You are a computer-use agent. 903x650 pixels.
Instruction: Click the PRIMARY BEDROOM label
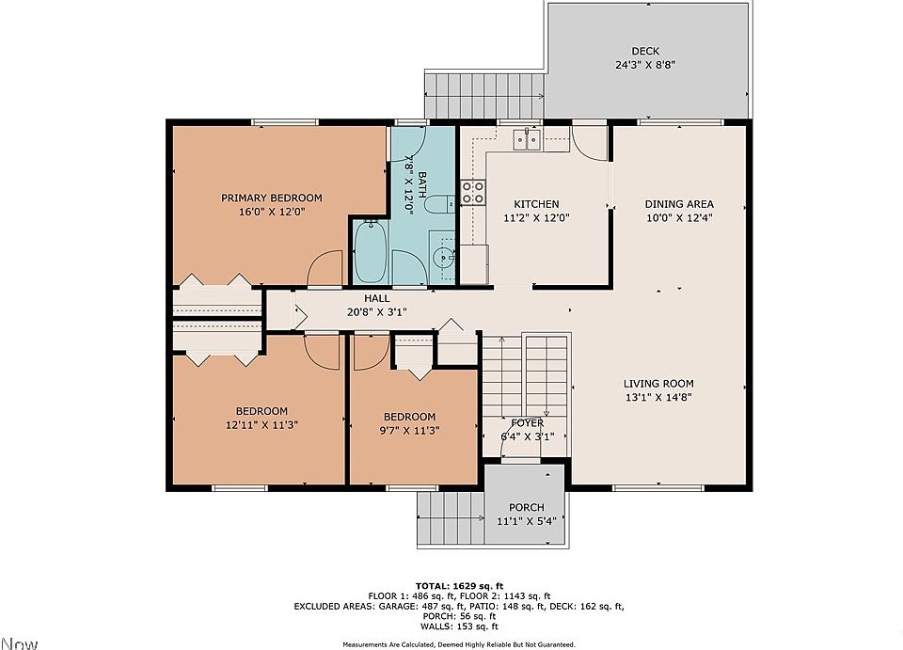click(271, 198)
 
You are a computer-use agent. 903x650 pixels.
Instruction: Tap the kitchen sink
click(527, 139)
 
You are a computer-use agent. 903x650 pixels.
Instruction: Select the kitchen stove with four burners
click(472, 192)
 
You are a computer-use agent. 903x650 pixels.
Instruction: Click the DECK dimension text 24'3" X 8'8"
click(645, 65)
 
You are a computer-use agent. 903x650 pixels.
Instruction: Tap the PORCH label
click(527, 507)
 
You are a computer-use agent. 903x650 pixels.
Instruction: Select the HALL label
click(376, 298)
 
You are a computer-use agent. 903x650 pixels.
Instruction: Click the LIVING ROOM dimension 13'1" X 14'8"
click(658, 397)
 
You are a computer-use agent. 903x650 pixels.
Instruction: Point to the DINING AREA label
click(679, 204)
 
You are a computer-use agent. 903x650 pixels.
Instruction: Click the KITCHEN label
click(536, 204)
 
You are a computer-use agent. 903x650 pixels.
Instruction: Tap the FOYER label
click(527, 423)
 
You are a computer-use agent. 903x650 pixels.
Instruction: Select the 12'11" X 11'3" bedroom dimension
click(262, 425)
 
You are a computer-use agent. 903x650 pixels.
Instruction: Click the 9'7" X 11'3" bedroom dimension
click(410, 431)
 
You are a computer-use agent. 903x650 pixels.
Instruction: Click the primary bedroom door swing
click(325, 268)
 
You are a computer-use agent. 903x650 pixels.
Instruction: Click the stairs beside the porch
click(451, 518)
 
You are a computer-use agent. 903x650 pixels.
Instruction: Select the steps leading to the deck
click(484, 94)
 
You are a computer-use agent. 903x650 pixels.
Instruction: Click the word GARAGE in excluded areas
click(397, 606)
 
